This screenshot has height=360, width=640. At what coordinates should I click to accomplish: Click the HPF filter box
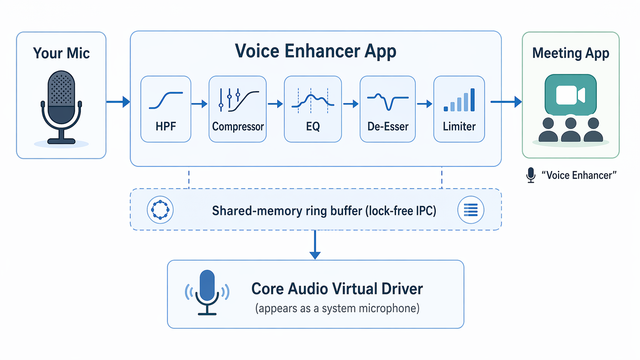pos(166,109)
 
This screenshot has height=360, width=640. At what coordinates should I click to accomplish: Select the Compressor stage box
pos(238,109)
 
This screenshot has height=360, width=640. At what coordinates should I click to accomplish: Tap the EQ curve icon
pos(313,100)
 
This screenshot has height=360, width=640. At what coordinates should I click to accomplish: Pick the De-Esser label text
pos(388,127)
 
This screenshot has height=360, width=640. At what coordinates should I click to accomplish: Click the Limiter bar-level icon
pos(459,100)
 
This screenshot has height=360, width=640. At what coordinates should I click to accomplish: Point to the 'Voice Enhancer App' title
pos(316,51)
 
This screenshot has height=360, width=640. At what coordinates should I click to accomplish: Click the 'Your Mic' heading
pos(61,53)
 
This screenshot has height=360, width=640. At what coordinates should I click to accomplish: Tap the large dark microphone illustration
pos(61,108)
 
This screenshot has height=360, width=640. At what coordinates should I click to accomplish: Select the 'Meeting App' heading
pos(571,53)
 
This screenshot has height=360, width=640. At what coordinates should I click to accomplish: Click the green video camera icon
pos(571,95)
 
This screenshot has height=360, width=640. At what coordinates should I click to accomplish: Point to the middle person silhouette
pos(571,130)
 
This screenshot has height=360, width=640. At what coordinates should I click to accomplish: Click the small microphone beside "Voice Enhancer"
pos(531,175)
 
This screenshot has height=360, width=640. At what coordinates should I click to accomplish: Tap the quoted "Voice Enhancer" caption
pos(579,176)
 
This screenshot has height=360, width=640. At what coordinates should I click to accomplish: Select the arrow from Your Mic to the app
pos(118,102)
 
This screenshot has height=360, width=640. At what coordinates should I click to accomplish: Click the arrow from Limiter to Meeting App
pos(506,102)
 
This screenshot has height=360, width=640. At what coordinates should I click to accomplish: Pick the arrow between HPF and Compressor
pos(199,104)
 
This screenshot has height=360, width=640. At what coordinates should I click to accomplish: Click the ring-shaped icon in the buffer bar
pos(160,210)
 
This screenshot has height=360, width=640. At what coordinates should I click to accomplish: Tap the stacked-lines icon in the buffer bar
pos(471,210)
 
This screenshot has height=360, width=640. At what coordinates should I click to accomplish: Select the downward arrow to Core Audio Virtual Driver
pos(315,245)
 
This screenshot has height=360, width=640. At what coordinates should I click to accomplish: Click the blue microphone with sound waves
pos(207,292)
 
